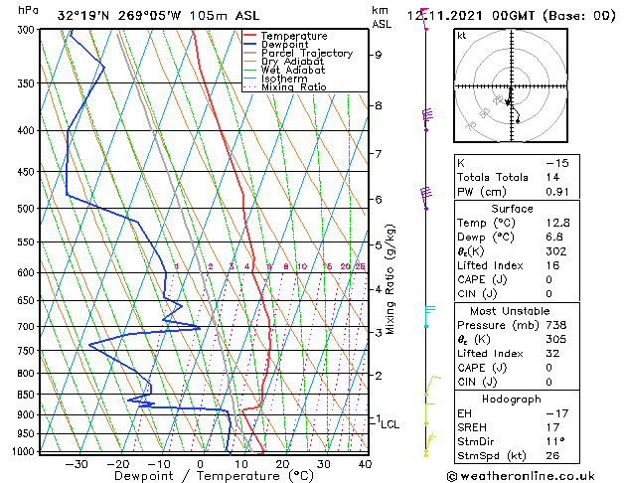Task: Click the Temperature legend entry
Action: click(x=293, y=37)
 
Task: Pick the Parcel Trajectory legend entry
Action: click(x=306, y=54)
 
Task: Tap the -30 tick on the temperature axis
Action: click(x=77, y=464)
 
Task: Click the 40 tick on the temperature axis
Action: click(x=365, y=464)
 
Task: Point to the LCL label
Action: click(x=390, y=424)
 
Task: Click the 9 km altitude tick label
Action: click(x=378, y=55)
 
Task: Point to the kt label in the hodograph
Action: click(x=461, y=36)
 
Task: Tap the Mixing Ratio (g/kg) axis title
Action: click(x=391, y=279)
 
